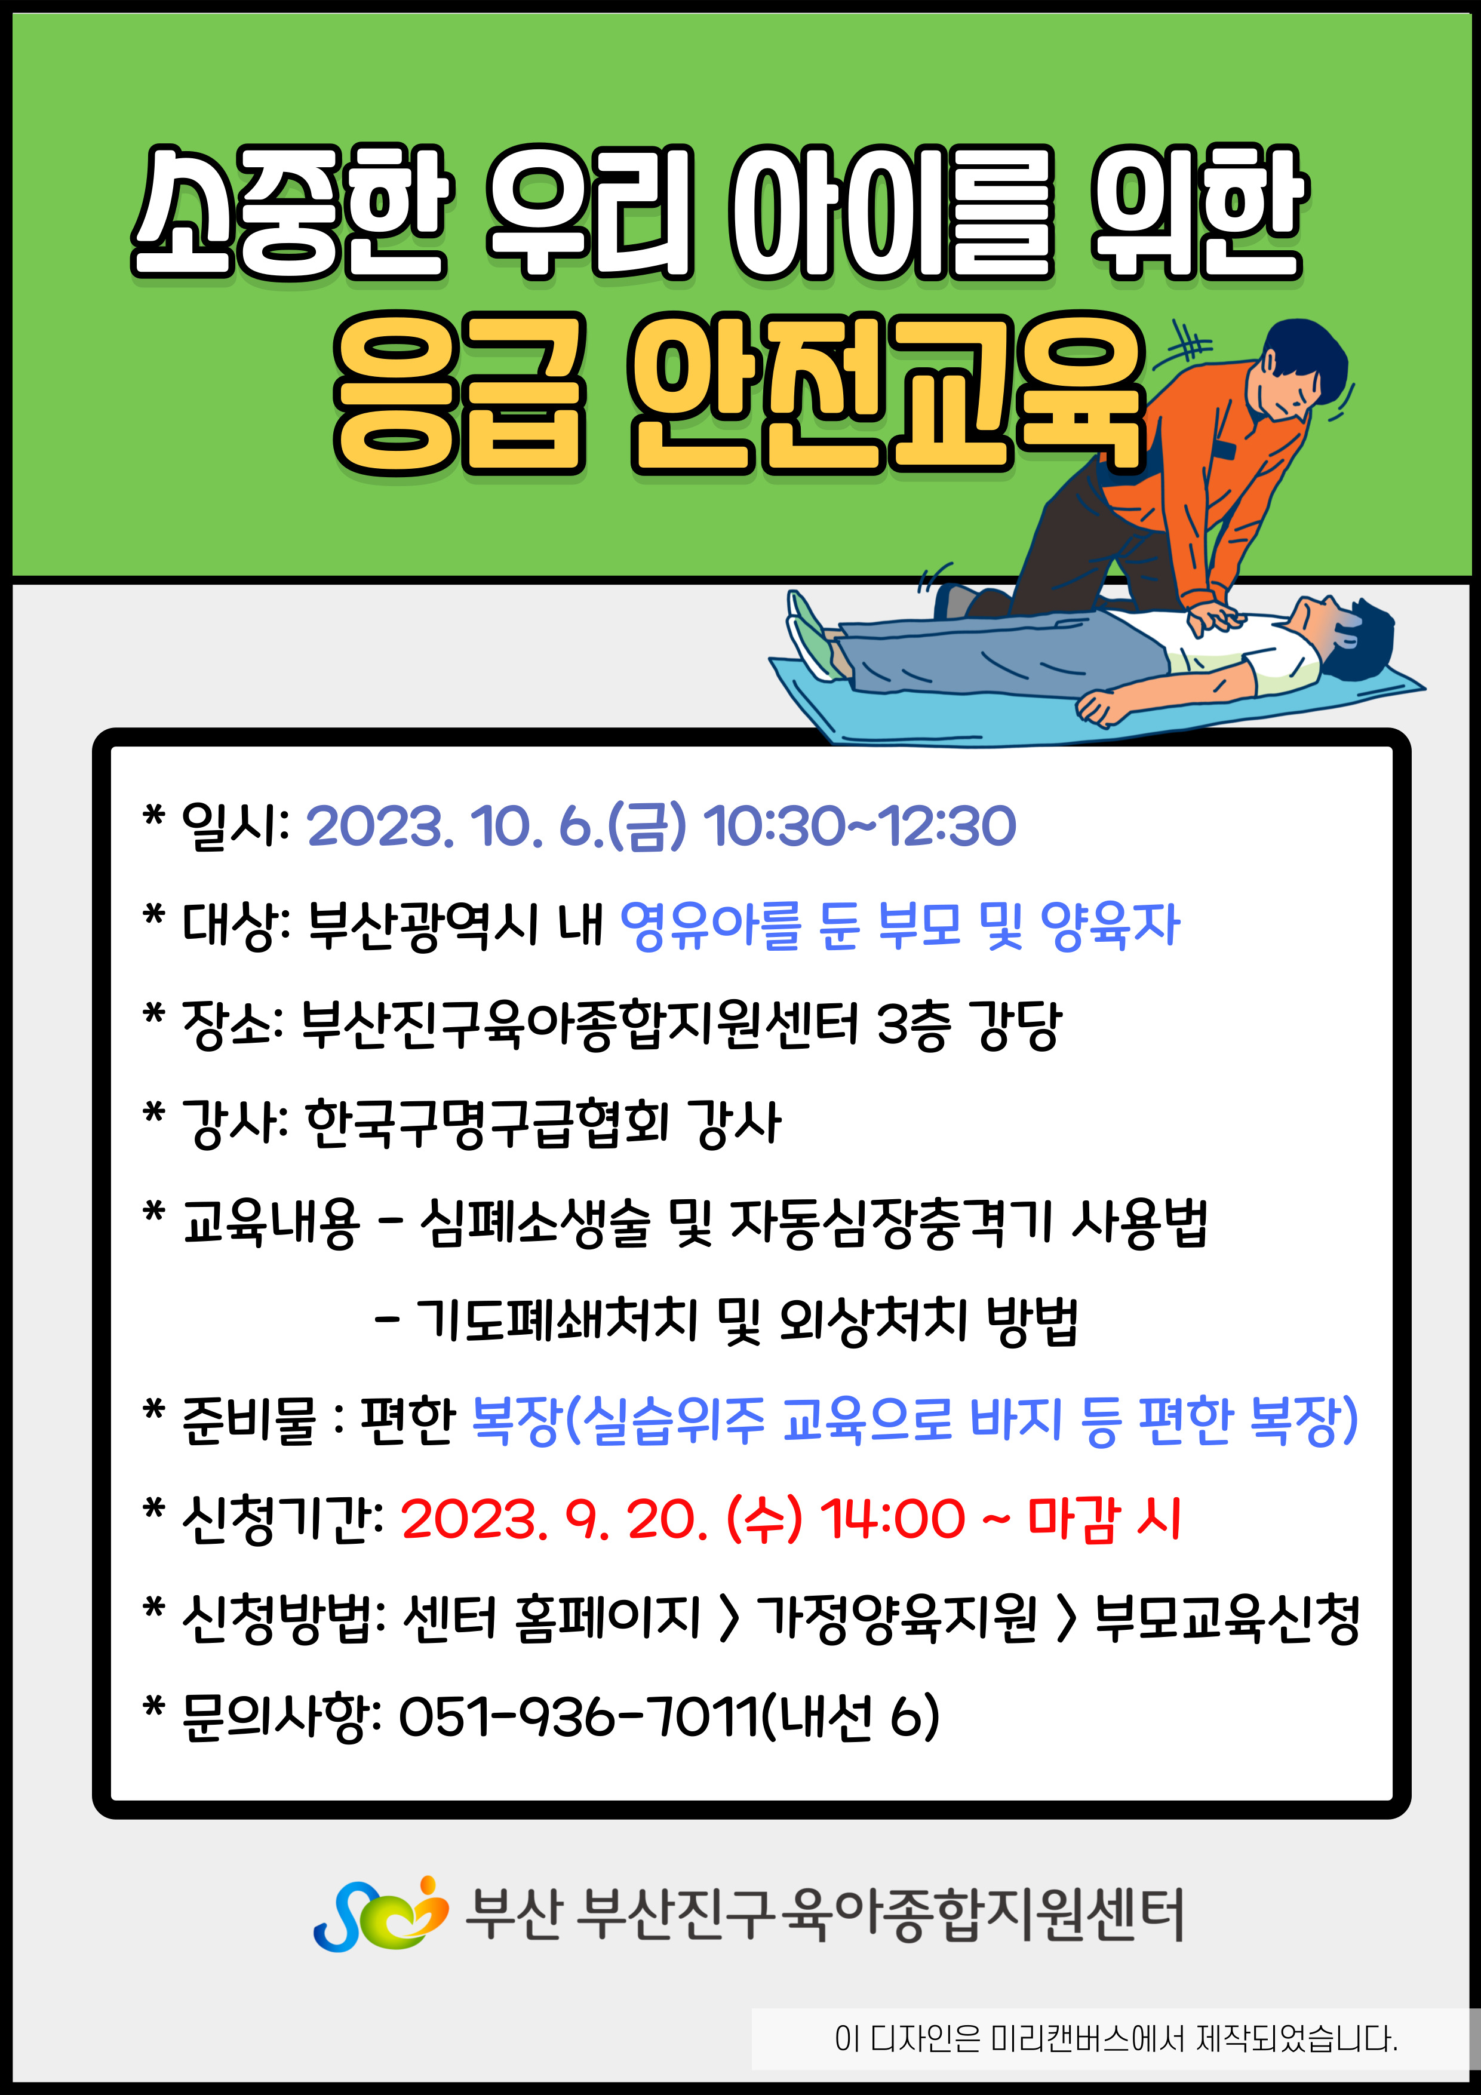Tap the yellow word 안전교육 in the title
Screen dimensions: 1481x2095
887,394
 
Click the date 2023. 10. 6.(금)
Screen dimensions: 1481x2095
496,827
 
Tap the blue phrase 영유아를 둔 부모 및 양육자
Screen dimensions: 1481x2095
900,925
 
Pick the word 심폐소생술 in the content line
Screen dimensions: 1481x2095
536,1222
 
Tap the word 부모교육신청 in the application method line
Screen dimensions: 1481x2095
1227,1618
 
